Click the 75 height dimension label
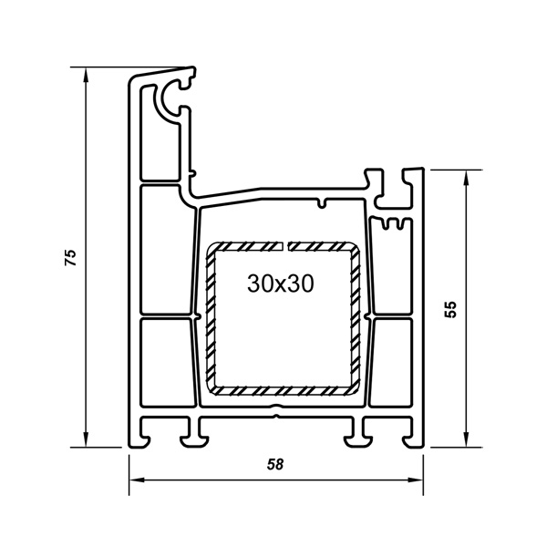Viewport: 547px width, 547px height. [71, 257]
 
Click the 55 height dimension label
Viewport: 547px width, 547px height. [450, 309]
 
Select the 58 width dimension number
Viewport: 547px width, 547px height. [275, 464]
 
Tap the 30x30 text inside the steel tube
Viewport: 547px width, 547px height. [281, 284]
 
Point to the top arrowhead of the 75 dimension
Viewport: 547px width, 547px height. [85, 75]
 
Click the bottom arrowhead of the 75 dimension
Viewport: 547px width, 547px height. [85, 439]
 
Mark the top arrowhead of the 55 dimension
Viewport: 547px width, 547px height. [465, 178]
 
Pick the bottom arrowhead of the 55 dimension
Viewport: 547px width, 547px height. [465, 439]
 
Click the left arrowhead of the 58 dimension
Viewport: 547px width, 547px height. [137, 480]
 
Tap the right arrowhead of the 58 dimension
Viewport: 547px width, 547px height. [415, 480]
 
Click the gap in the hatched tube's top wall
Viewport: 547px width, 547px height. [285, 246]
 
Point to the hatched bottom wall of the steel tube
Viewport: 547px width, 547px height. [283, 391]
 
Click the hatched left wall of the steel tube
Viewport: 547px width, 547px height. [211, 318]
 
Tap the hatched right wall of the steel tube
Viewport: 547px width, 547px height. [356, 318]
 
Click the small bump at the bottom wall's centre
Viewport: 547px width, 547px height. [276, 407]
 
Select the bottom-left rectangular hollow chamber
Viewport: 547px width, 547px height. [168, 362]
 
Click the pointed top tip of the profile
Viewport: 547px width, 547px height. [192, 67]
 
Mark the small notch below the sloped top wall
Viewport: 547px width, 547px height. [324, 203]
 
